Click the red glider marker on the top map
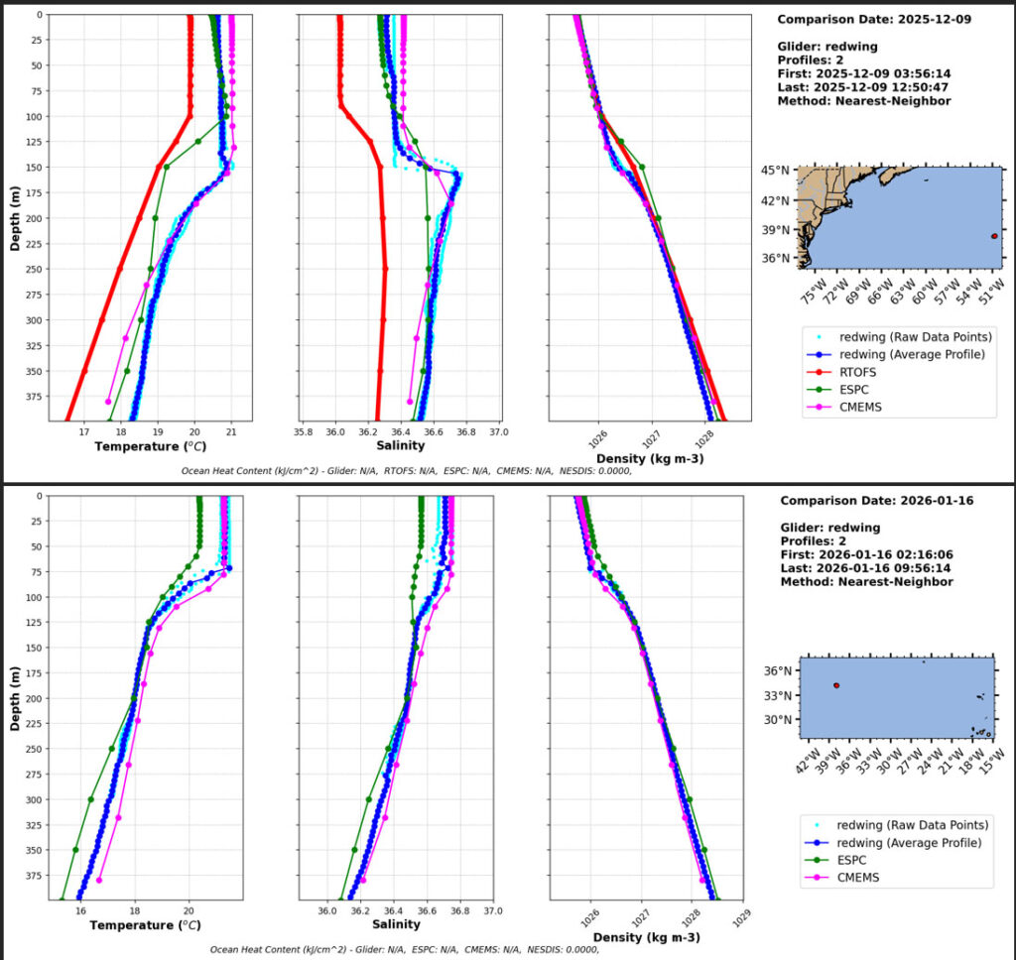pyautogui.click(x=994, y=236)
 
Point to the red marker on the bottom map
pyautogui.click(x=836, y=685)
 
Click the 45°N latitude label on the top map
pyautogui.click(x=775, y=171)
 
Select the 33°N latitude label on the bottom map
pyautogui.click(x=777, y=696)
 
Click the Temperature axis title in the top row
pyautogui.click(x=151, y=446)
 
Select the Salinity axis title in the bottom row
pyautogui.click(x=396, y=924)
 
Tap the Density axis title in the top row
pyautogui.click(x=650, y=458)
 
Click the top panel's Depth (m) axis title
pyautogui.click(x=15, y=219)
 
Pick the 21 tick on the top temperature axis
pyautogui.click(x=231, y=432)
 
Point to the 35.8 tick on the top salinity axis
pyautogui.click(x=304, y=432)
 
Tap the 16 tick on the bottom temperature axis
pyautogui.click(x=81, y=910)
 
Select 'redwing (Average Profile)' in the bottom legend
pyautogui.click(x=909, y=843)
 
